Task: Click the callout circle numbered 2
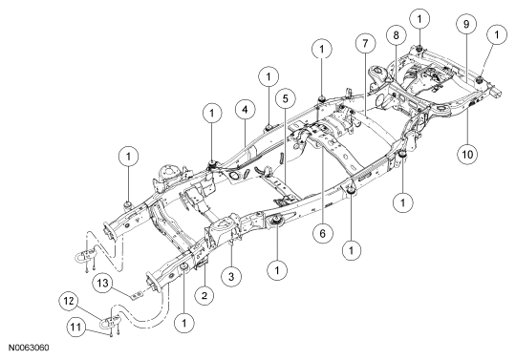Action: (x=204, y=295)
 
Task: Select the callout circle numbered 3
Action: (x=231, y=276)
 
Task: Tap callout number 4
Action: (x=246, y=110)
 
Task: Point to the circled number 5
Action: (x=286, y=98)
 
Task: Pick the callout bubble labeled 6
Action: (x=322, y=233)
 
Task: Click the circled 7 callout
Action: (x=366, y=43)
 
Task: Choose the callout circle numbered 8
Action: (x=397, y=34)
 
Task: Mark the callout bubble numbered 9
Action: (x=466, y=24)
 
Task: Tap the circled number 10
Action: (x=467, y=154)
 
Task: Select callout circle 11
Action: (x=76, y=327)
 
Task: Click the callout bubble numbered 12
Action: (x=69, y=301)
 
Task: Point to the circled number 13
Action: (x=102, y=283)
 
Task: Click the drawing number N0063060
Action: (x=29, y=348)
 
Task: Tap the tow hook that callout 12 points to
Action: (x=110, y=323)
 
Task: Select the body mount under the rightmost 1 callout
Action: (x=480, y=79)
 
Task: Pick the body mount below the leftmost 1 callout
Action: (x=127, y=204)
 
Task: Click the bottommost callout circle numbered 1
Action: (x=184, y=323)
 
